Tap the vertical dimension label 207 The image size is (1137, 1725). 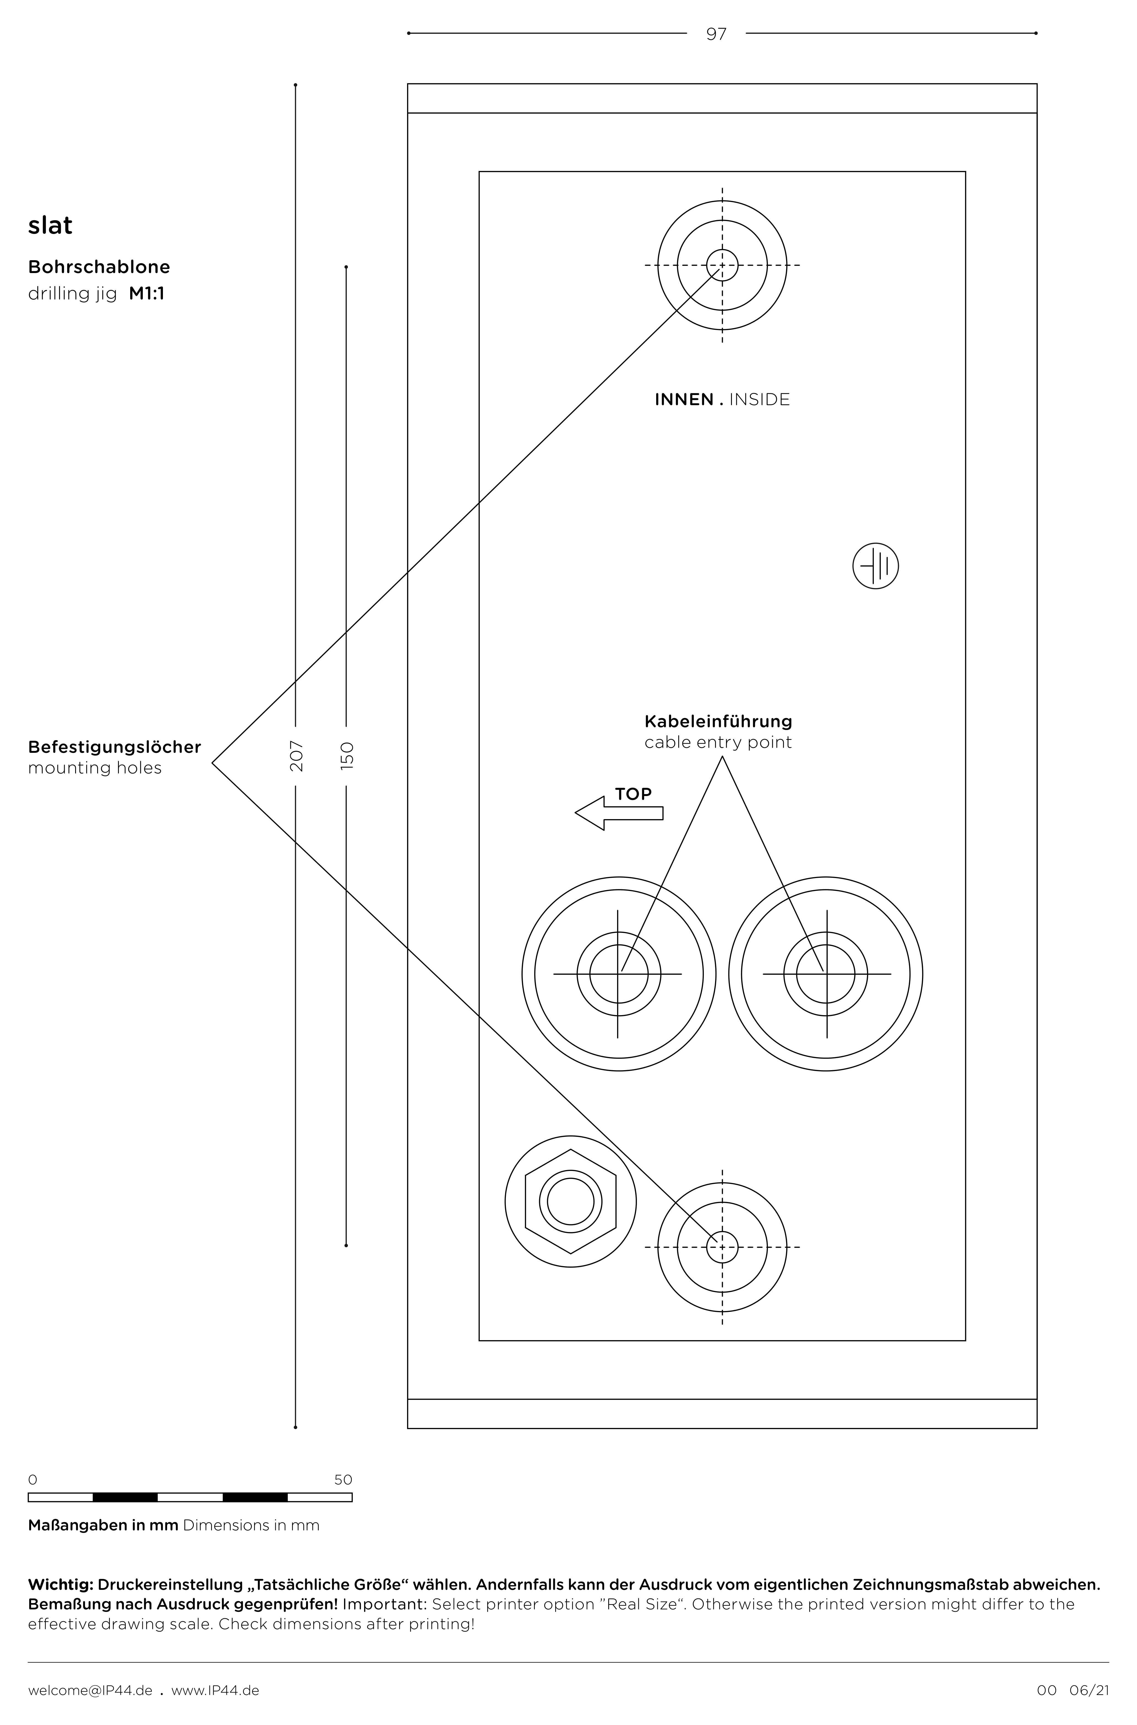click(x=297, y=756)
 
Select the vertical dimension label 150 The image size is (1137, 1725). click(x=347, y=756)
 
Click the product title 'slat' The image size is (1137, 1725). click(x=50, y=225)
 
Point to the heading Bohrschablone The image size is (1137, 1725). click(x=99, y=267)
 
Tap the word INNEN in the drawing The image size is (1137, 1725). click(x=684, y=399)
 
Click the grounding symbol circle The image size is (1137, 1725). click(x=875, y=566)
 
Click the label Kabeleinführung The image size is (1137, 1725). click(x=718, y=721)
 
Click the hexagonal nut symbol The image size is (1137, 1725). click(x=571, y=1201)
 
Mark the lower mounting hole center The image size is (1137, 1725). click(x=722, y=1247)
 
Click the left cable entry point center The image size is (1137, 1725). click(x=618, y=974)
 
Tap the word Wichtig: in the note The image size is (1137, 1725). click(x=61, y=1585)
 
